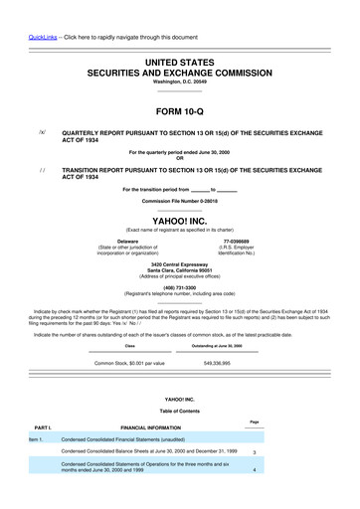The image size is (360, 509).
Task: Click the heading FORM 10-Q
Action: (179, 112)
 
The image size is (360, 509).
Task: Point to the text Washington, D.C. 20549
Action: (179, 82)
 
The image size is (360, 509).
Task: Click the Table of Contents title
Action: (179, 411)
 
